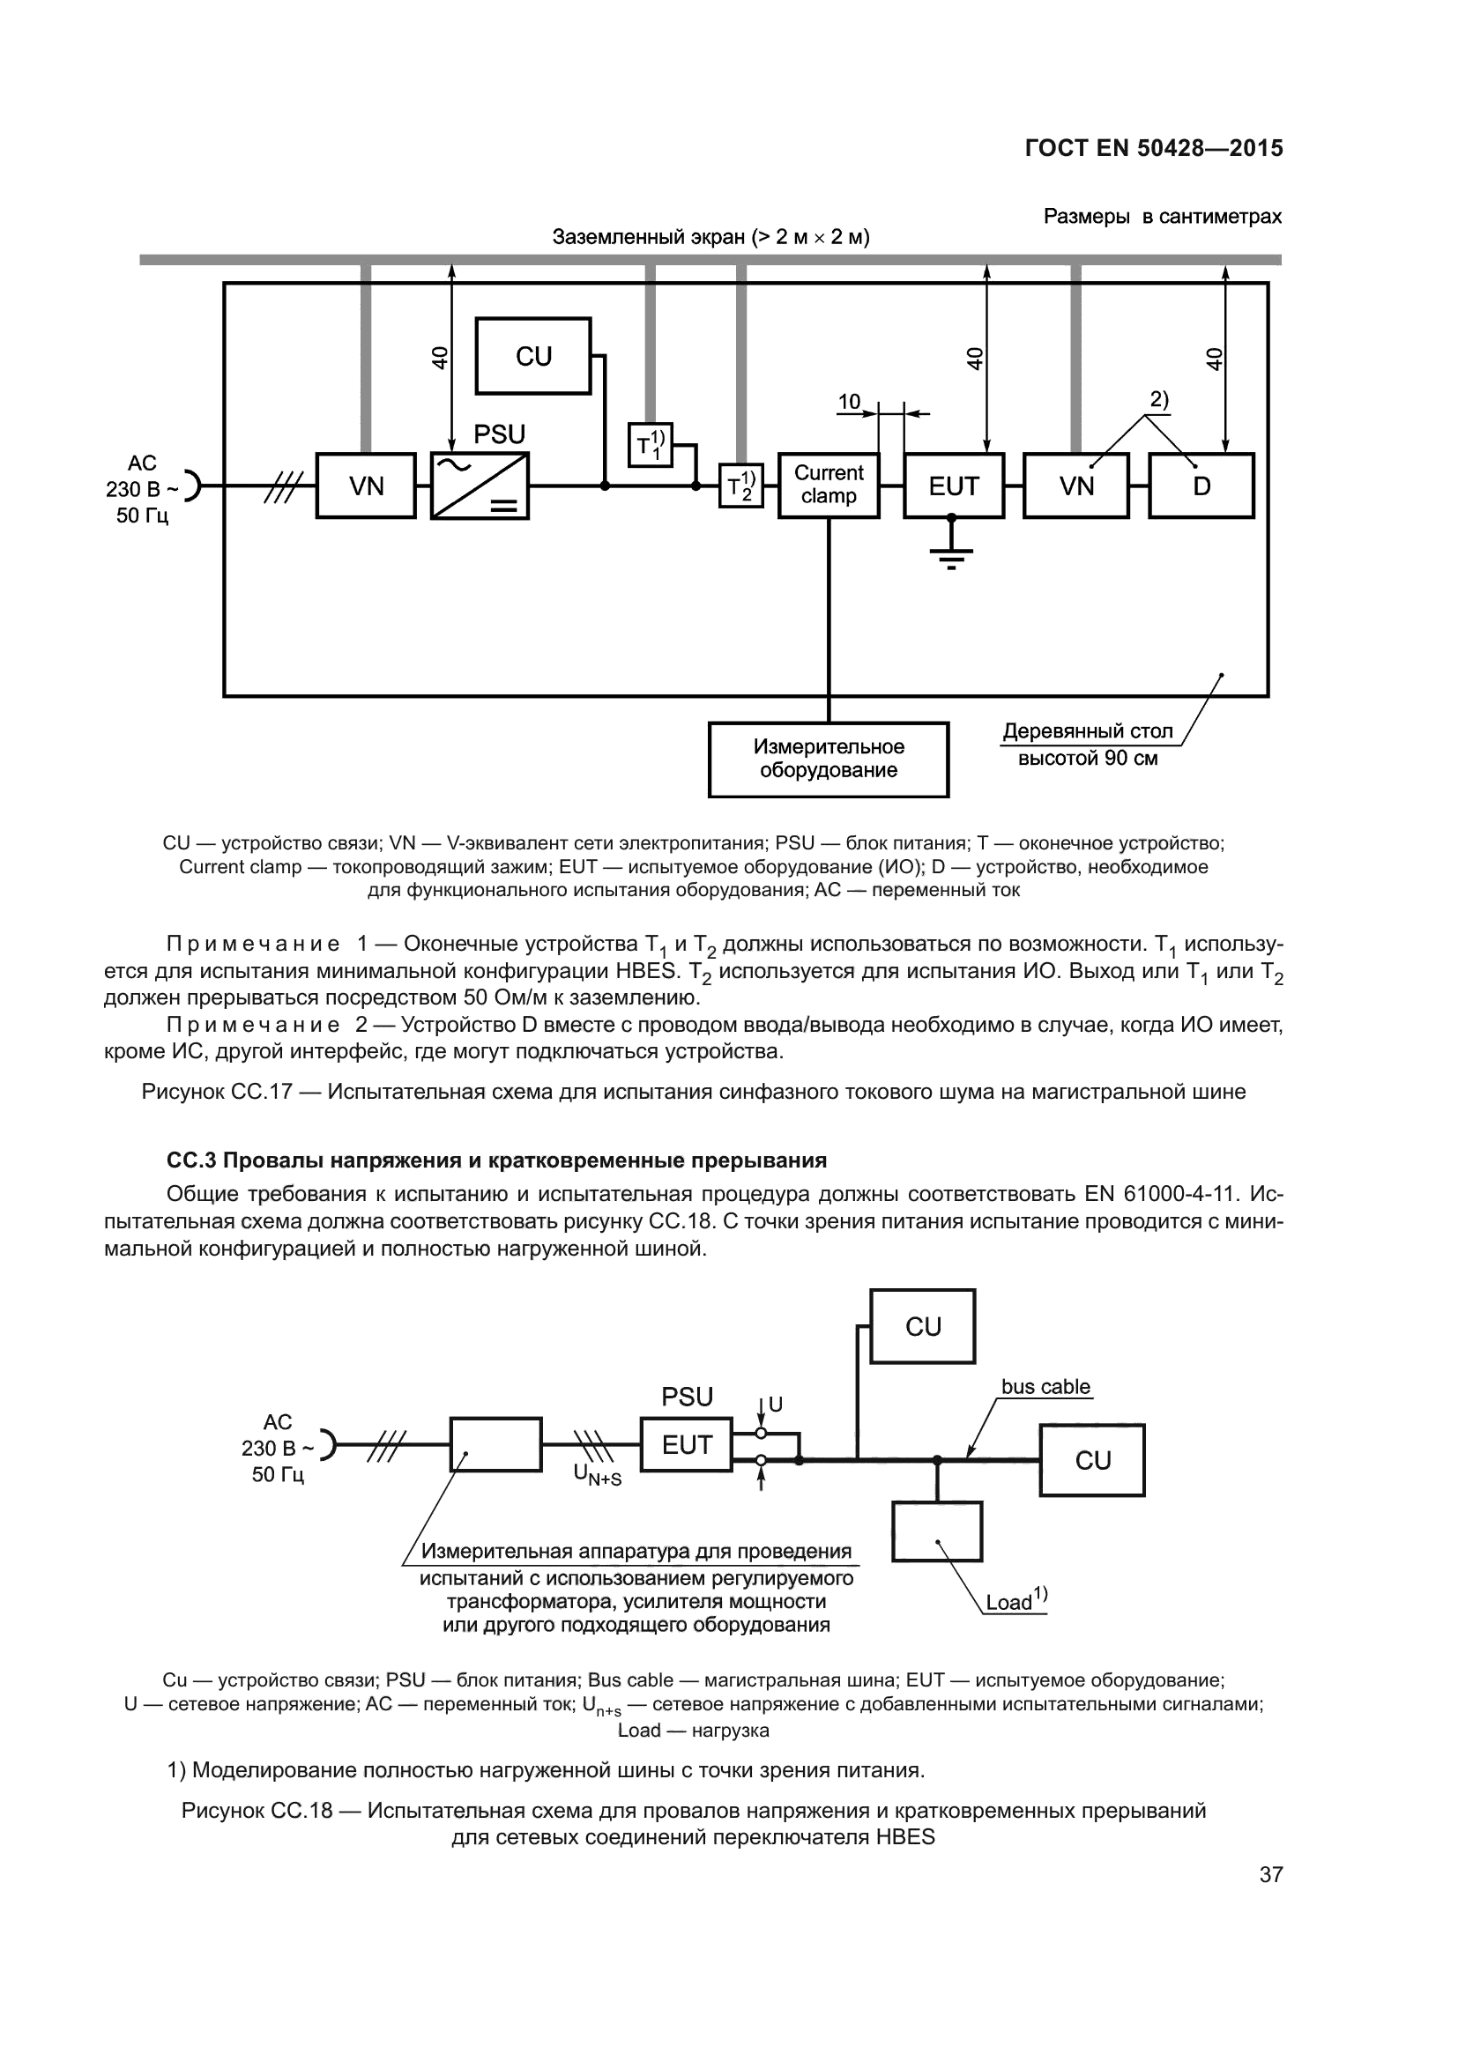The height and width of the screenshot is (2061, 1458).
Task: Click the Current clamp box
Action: coord(828,486)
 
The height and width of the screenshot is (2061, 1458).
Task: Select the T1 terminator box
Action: coord(650,444)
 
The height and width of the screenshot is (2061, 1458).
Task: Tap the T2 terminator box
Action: coord(740,486)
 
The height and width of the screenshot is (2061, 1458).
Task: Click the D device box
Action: coord(1201,486)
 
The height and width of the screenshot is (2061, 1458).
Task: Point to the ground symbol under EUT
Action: coord(952,557)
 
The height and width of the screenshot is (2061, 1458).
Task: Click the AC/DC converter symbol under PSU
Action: coord(480,486)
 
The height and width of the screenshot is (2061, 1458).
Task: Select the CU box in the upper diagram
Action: coord(533,356)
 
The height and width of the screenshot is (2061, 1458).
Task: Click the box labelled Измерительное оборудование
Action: coord(828,759)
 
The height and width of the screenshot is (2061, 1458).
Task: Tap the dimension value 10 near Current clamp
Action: coord(848,402)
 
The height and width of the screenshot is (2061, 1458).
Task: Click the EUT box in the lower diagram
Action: coord(686,1444)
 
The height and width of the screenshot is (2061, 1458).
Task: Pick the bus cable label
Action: coord(1045,1387)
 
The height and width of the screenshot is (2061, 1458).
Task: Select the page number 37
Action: coord(1270,1874)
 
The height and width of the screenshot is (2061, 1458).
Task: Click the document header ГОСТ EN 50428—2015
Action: coord(1153,148)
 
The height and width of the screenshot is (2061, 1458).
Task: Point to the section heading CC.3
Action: coord(495,1160)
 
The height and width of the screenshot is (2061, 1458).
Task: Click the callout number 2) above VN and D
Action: coord(1159,399)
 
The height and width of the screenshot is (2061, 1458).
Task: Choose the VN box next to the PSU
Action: coord(367,486)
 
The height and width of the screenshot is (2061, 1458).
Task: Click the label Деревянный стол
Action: coord(1087,731)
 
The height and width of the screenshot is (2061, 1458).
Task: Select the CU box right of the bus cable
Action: coord(1091,1460)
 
